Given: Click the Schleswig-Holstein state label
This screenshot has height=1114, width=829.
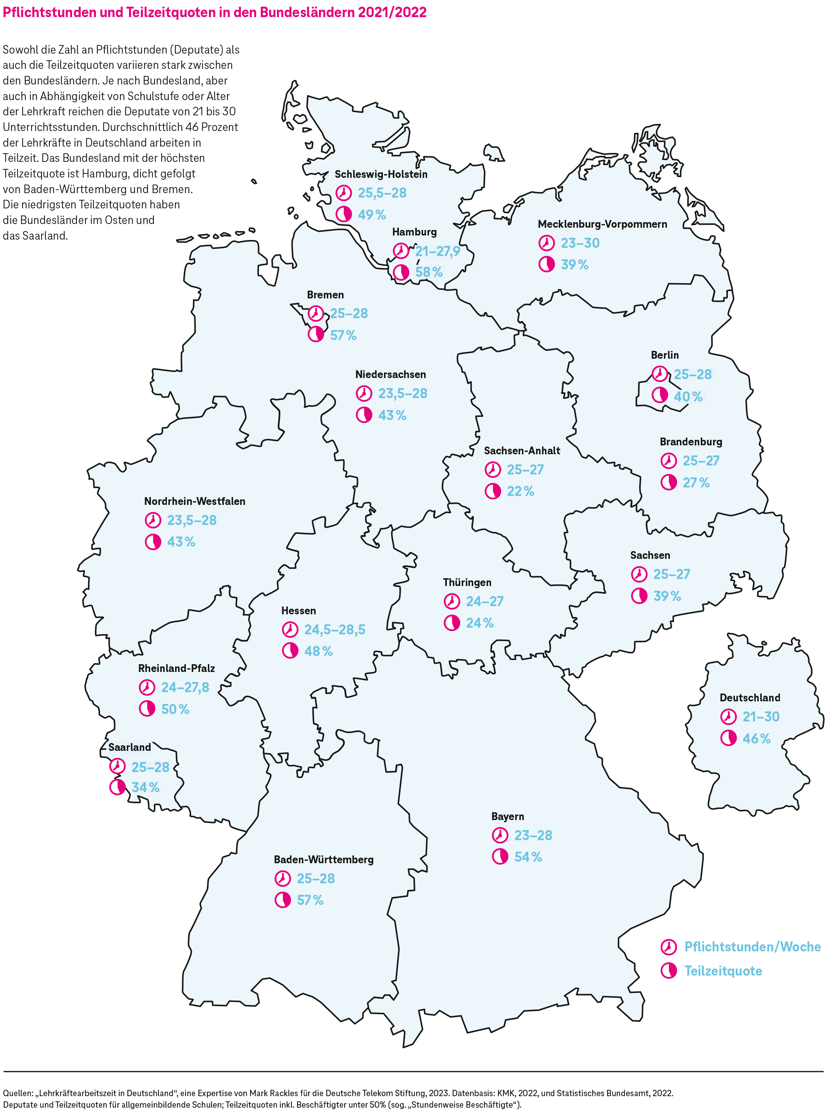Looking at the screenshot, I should (x=381, y=174).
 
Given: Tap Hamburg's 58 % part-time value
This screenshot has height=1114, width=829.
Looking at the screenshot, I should (x=429, y=272).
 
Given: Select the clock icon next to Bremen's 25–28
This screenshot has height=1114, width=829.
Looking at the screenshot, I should (x=316, y=313).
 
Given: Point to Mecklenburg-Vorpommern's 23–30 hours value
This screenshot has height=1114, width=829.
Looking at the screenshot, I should (x=580, y=243).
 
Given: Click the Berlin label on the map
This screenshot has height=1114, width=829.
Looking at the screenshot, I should (x=664, y=355).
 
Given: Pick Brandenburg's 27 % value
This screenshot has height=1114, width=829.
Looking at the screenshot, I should (x=696, y=483).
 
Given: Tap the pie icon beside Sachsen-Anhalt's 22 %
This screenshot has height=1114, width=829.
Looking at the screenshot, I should (x=493, y=491).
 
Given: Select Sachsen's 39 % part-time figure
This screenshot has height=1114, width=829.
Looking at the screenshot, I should (x=667, y=596).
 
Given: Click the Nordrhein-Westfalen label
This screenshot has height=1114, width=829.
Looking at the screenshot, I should (x=195, y=501).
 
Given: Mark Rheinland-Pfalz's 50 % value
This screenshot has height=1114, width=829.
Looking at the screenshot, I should (x=175, y=709).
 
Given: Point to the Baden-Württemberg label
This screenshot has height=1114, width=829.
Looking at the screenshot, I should (x=324, y=859).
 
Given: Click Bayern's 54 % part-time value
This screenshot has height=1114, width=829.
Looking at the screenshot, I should (x=528, y=857).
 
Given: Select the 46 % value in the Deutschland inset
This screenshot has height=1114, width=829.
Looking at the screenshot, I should (x=756, y=738).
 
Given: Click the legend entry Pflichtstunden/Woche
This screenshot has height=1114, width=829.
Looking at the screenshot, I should (x=752, y=947).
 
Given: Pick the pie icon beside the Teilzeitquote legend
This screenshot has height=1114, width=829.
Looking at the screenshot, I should (x=668, y=971).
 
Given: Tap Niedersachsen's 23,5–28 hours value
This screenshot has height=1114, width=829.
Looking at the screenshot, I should (x=403, y=393).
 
